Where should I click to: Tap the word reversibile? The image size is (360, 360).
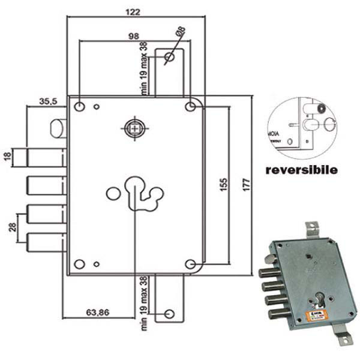tap(301, 170)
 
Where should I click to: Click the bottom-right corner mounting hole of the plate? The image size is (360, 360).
tap(191, 264)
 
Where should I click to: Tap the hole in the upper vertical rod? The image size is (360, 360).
tap(169, 58)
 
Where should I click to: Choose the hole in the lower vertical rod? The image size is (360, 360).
tap(169, 313)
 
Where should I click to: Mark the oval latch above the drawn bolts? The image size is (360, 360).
tap(58, 128)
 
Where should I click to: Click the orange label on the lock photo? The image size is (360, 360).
tap(316, 316)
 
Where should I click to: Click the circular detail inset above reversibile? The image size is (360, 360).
tap(302, 124)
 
